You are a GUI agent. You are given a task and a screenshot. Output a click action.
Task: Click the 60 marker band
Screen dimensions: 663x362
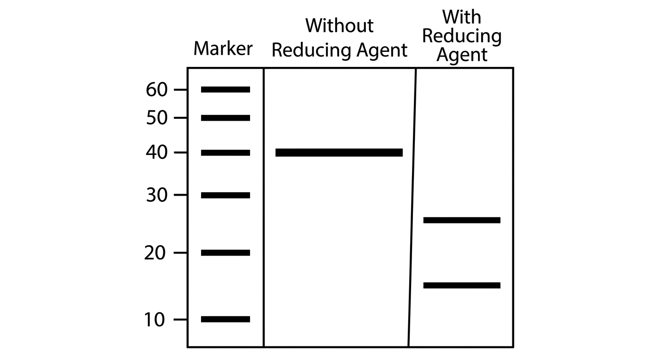(226, 90)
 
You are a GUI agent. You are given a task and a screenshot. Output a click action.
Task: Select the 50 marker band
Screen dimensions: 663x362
(226, 118)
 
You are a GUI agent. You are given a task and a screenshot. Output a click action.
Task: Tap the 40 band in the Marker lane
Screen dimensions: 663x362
(226, 153)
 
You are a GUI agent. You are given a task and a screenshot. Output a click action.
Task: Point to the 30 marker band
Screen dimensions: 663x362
(226, 195)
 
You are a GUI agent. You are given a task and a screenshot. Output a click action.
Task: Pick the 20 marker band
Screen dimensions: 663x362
(226, 253)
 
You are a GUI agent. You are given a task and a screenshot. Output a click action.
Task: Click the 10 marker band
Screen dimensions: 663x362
(226, 319)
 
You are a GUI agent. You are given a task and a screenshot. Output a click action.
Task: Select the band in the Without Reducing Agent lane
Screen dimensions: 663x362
(339, 153)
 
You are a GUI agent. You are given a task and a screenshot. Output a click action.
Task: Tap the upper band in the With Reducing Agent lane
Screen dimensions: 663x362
(462, 220)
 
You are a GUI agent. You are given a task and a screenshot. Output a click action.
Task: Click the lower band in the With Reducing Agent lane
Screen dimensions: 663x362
(462, 286)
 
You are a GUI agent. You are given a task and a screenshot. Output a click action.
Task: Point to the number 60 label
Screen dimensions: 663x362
(157, 90)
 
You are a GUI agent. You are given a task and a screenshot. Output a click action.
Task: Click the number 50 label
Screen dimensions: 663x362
(157, 118)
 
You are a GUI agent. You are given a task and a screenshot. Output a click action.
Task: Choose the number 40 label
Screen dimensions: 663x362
(157, 153)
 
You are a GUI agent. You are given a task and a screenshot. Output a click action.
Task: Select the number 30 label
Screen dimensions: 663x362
(157, 196)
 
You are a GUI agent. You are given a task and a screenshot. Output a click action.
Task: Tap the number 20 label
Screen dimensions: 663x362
(155, 253)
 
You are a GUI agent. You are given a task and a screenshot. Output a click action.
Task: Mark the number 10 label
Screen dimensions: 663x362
(154, 320)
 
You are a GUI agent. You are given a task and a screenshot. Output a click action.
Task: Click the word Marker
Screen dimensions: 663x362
(223, 48)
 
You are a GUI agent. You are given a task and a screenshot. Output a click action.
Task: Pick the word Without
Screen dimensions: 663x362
(340, 25)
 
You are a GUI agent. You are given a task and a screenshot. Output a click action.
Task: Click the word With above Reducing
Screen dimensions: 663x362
(462, 17)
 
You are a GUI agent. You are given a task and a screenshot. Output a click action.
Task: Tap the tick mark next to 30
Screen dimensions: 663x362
(180, 195)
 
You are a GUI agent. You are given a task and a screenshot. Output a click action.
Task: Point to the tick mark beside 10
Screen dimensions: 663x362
(180, 320)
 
